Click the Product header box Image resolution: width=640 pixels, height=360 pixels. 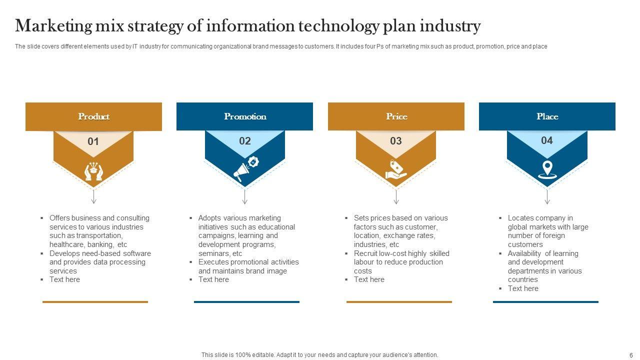coord(93,116)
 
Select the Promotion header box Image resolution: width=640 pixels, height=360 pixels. coord(244,116)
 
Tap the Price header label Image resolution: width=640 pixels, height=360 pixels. coord(396,116)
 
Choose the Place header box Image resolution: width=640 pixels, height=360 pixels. coord(547,116)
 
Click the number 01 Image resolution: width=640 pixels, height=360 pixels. coord(93,141)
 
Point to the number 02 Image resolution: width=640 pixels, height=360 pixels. coord(244,141)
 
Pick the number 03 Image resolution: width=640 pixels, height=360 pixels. coord(396,141)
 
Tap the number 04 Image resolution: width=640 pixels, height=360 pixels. coord(547,140)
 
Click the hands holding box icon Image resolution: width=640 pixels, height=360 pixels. coord(93,171)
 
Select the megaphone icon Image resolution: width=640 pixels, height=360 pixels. coord(245,169)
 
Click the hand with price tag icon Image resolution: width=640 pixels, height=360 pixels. coord(396,169)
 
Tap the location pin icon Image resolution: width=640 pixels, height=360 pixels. coord(547,169)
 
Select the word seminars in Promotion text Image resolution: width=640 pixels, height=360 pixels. coord(214,253)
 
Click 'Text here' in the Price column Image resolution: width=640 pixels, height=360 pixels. coord(369,279)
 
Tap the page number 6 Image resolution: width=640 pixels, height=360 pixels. coord(631,355)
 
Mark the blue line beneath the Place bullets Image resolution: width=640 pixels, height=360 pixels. coord(545,302)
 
